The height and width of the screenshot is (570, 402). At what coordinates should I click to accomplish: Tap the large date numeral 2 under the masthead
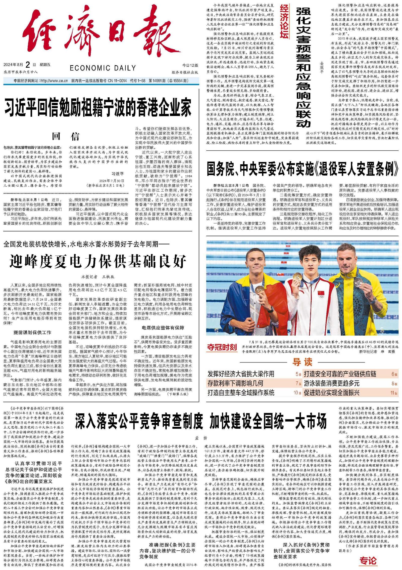pos(28,65)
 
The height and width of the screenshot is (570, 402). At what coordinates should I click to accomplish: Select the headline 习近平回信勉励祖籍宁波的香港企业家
pos(98,107)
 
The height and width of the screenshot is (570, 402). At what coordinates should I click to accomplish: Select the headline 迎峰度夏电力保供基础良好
pos(98,261)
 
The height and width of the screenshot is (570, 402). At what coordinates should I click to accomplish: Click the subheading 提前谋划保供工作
pos(32,333)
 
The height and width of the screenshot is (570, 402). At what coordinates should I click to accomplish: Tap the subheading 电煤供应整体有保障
pos(163,328)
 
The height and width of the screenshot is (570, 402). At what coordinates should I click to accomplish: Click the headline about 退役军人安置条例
pos(302,169)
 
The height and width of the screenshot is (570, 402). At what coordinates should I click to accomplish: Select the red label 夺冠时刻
pos(222,347)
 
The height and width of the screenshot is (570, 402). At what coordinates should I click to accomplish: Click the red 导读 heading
pos(302,362)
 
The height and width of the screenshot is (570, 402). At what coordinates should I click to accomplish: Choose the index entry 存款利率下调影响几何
pos(235,383)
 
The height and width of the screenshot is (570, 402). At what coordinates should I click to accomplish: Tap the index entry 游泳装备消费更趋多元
pos(332,383)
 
